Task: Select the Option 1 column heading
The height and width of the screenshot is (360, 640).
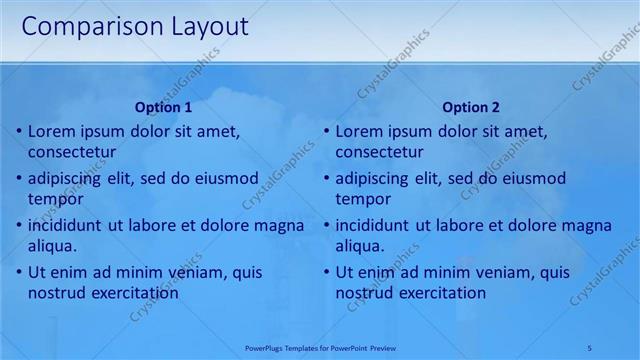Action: [x=163, y=107]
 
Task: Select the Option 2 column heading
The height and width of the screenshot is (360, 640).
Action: [x=471, y=107]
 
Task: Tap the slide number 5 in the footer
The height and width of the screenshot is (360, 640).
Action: [x=590, y=346]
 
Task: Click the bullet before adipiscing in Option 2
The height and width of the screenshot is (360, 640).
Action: [x=326, y=178]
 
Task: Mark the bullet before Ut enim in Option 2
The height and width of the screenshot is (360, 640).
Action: [x=326, y=272]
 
